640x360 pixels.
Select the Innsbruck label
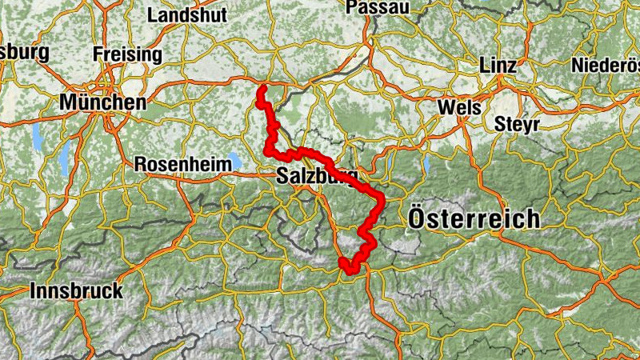pos(76,290)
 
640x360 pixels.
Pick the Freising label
pos(127,54)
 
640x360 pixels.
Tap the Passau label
pos(378,7)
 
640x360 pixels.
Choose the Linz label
pos(498,66)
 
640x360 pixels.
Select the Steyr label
pos(517,124)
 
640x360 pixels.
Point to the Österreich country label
pos(474,218)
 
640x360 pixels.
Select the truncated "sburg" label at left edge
pos(24,53)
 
